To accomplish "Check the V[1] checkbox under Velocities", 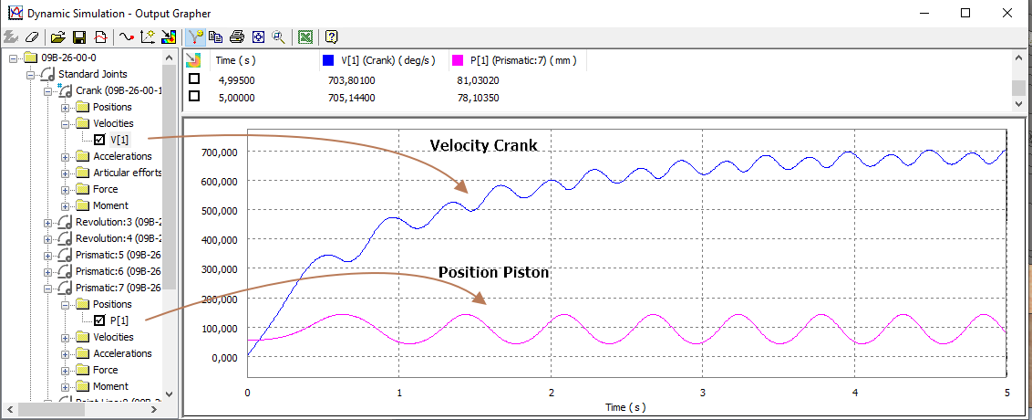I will coord(99,140).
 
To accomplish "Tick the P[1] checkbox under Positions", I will coord(99,320).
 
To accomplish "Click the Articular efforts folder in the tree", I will coord(127,173).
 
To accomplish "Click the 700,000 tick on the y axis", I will coord(219,152).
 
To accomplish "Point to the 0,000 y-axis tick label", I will coord(224,358).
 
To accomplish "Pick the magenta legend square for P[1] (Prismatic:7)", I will coord(458,61).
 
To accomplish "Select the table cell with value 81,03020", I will coord(478,79).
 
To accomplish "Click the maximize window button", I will coord(965,13).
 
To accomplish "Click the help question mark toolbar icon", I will coord(332,37).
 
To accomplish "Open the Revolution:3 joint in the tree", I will coord(118,222).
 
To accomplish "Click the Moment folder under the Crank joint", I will coord(110,205).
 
